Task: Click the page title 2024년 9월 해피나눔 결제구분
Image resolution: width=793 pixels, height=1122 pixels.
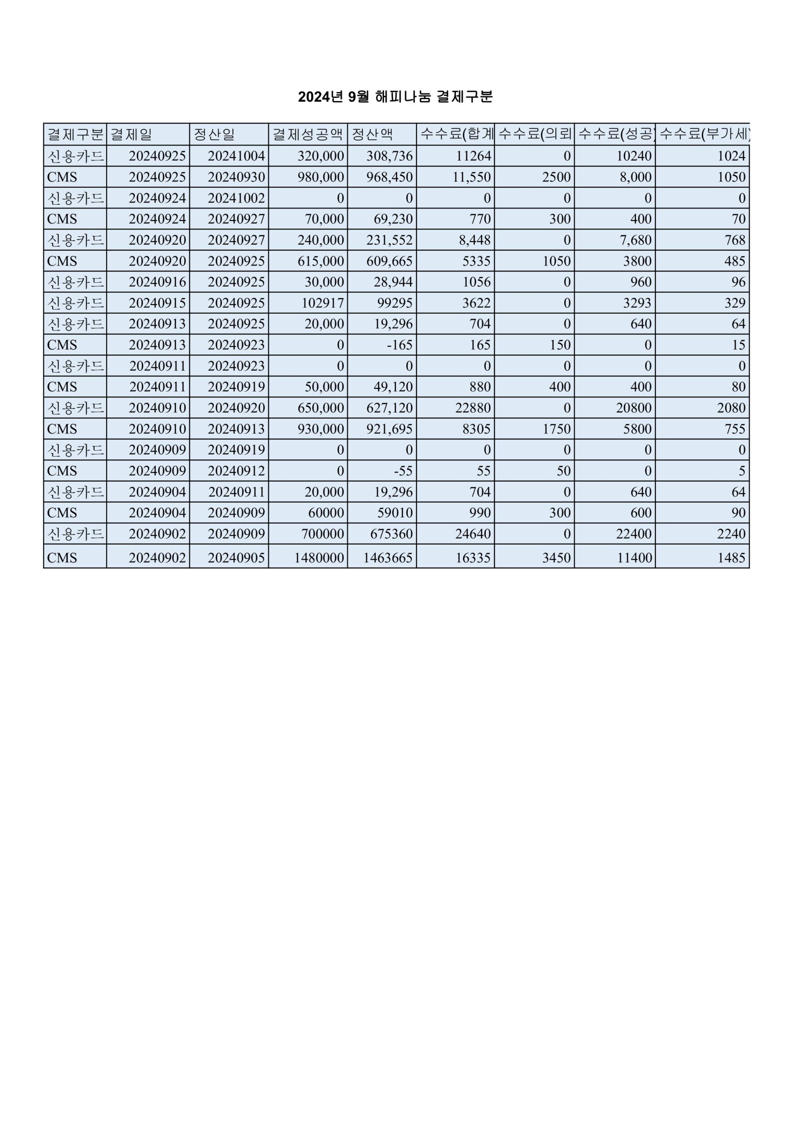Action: pos(395,97)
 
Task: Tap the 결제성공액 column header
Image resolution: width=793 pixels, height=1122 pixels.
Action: pos(308,135)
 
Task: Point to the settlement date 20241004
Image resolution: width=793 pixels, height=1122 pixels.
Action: pos(236,156)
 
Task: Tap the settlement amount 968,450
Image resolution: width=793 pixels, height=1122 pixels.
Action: pos(390,177)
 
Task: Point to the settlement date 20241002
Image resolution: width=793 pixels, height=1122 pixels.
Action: pos(236,198)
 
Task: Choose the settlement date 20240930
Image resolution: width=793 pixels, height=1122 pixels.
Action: pos(236,177)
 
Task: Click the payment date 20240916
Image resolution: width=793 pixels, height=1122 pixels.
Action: pos(157,282)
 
